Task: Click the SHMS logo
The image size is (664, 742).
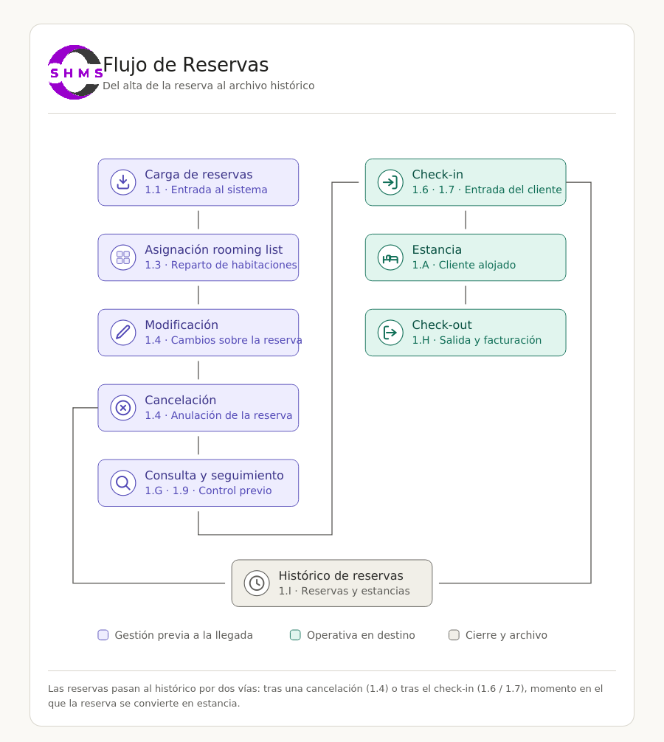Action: [x=75, y=72]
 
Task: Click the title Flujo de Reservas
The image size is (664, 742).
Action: [x=185, y=65]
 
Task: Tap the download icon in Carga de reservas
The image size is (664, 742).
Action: [x=123, y=182]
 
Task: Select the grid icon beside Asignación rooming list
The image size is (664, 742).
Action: [x=123, y=257]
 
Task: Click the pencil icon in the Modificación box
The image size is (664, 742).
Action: [x=123, y=333]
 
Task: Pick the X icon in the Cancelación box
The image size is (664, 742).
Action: [x=123, y=408]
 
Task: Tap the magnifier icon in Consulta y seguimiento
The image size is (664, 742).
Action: [x=123, y=483]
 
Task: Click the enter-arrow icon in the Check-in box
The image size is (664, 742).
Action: [x=390, y=182]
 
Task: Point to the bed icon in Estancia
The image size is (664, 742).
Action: [x=390, y=257]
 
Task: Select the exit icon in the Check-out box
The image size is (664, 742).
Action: [x=390, y=333]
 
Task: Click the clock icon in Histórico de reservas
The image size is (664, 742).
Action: [x=257, y=583]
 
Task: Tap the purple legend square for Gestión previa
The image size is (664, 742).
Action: [x=103, y=635]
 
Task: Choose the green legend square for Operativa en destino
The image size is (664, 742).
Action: [x=295, y=635]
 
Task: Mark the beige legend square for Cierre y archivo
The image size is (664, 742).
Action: [x=454, y=635]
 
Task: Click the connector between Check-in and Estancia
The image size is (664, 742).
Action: [x=466, y=220]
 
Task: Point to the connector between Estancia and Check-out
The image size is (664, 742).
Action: [x=466, y=295]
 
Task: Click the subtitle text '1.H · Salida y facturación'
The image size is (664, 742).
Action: [x=477, y=340]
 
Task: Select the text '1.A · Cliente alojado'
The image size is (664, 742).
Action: [x=464, y=265]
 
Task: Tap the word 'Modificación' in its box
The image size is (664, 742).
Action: [x=181, y=325]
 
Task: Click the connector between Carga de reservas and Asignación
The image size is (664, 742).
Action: [x=198, y=220]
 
